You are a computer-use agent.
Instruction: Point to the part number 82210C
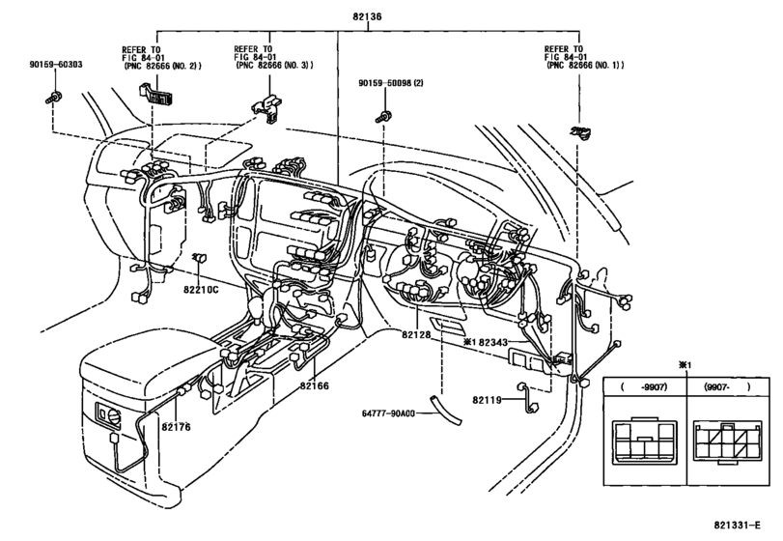[x=202, y=288]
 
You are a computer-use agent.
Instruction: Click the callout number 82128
[x=418, y=334]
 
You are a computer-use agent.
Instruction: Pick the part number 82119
[x=489, y=399]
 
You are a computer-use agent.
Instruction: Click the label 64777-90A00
[x=387, y=413]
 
